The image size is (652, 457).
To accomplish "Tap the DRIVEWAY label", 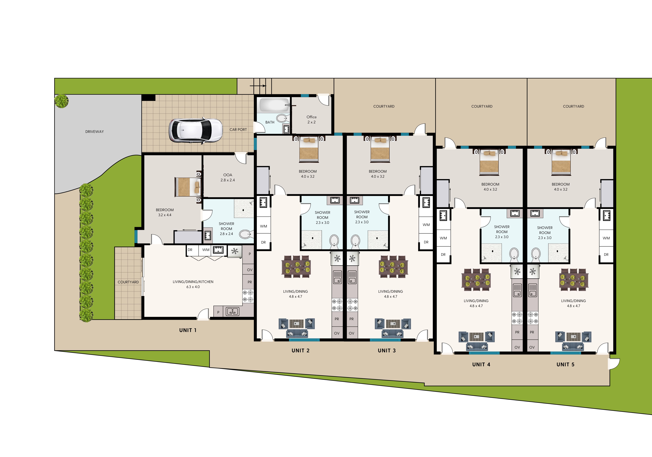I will [x=95, y=132].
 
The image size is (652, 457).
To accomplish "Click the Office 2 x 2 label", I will [x=311, y=119].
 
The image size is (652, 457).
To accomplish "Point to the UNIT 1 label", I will [x=188, y=330].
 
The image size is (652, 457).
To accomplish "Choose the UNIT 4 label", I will [x=481, y=365].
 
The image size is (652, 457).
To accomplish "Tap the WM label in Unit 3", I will [x=426, y=225].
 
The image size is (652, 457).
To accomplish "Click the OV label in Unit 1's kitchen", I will [x=250, y=270].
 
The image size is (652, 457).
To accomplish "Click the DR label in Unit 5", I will [x=606, y=254].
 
